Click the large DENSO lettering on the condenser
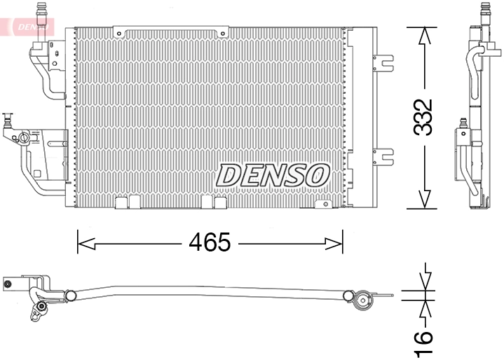coord(273,175)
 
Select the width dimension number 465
coord(210,243)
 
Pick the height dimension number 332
coord(423,117)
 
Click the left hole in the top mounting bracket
coord(120,32)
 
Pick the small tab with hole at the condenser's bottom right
coord(323,204)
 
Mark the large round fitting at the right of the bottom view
coord(363,301)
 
